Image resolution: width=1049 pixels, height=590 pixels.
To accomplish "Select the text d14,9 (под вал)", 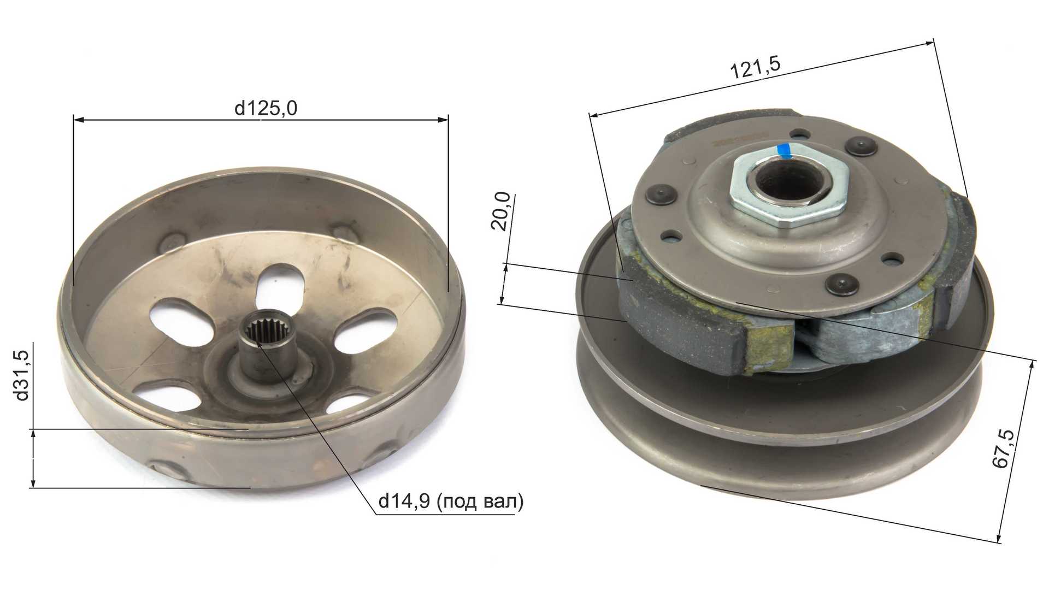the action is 451,501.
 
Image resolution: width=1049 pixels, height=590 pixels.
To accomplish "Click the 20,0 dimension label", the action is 501,212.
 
